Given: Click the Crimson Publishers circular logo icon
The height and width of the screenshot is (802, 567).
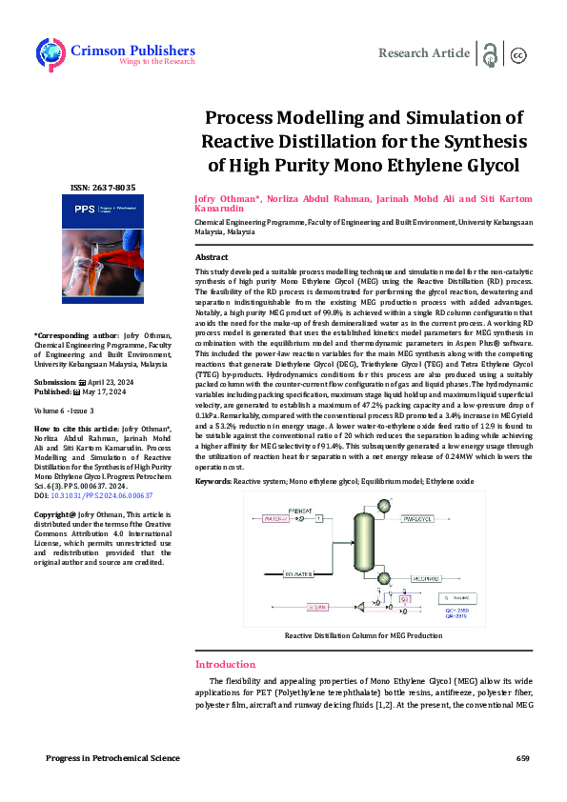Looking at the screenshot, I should click(x=51, y=52).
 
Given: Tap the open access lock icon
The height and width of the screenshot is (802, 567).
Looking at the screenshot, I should click(x=490, y=53).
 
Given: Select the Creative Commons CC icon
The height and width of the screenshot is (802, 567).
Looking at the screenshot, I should click(x=519, y=54).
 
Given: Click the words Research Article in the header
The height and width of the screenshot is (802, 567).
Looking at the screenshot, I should click(x=424, y=53).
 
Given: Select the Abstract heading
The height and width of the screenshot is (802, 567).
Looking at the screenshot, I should click(x=212, y=258).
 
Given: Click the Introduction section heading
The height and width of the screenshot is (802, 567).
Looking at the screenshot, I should click(x=226, y=664).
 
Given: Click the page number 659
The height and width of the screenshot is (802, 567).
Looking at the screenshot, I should click(x=522, y=758).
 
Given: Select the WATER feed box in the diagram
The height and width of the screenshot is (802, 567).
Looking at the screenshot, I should click(x=276, y=518).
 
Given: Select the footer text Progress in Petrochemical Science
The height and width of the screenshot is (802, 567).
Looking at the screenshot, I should click(x=112, y=758).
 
